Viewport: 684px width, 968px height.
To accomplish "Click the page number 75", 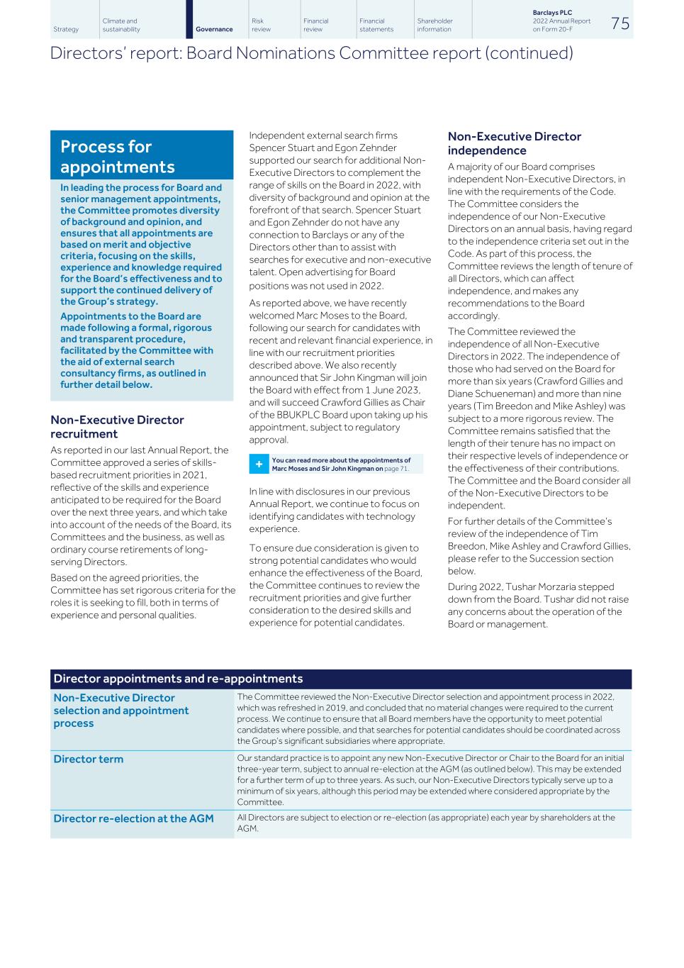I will tap(619, 23).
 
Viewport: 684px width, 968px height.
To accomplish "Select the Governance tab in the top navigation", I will tap(214, 29).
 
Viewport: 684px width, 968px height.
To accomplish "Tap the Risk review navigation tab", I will tap(261, 26).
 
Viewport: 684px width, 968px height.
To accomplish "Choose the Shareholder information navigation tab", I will tap(434, 26).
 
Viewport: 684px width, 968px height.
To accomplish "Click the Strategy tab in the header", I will tap(66, 29).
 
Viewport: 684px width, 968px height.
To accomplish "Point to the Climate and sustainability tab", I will tap(121, 26).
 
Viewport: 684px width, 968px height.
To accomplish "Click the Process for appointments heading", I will tap(118, 157).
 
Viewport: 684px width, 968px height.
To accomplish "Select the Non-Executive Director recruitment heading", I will tap(117, 427).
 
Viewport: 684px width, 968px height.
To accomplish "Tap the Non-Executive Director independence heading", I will tap(515, 143).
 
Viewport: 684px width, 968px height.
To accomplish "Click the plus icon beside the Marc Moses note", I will tap(259, 464).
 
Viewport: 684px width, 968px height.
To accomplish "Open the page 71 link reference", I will tap(396, 469).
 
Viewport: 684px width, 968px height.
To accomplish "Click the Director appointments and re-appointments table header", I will tap(178, 679).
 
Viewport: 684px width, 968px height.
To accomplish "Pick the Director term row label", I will tap(89, 759).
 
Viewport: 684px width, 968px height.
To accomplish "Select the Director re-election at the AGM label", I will tap(133, 818).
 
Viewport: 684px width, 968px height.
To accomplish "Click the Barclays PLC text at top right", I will tap(552, 13).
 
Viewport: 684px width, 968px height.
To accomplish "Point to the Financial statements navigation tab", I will tap(376, 26).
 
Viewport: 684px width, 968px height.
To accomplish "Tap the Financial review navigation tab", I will tap(316, 26).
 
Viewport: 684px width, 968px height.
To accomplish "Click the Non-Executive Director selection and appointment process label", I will tap(121, 711).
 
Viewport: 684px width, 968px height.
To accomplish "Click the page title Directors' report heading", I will tap(312, 53).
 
